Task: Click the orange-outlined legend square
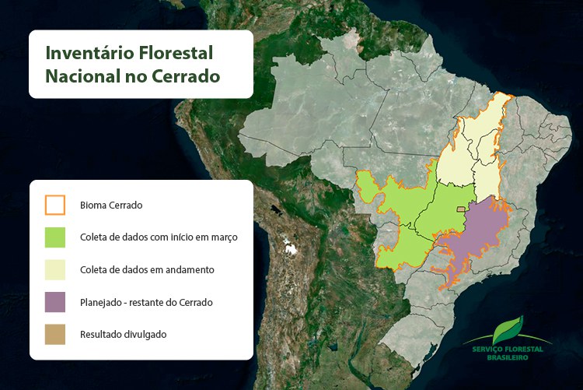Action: point(55,205)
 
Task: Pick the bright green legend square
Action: point(55,237)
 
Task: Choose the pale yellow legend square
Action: point(55,269)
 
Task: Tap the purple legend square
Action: point(55,301)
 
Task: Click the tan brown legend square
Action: point(55,334)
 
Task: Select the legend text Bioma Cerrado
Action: point(111,206)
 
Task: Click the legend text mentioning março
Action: point(159,237)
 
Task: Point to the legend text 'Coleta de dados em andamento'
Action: point(147,269)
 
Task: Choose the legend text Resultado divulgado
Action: point(123,334)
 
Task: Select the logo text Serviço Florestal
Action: point(508,350)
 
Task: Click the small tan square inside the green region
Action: point(460,209)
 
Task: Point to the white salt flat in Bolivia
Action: point(291,249)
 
